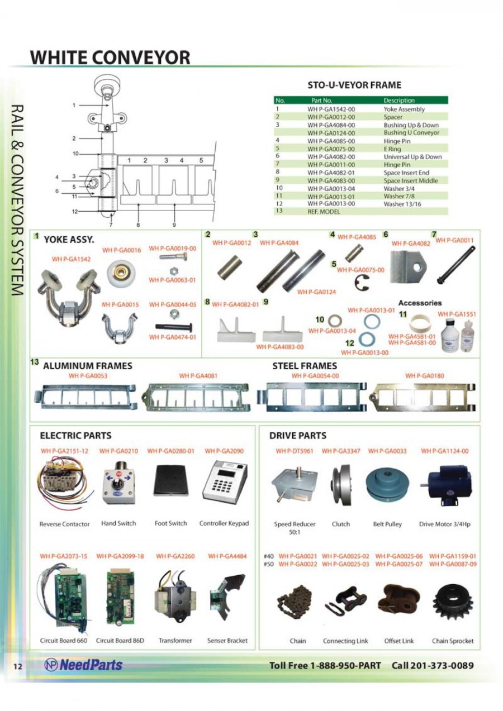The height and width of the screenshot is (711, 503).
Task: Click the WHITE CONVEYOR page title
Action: pos(110,58)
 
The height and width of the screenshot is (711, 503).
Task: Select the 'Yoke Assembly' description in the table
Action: pos(404,109)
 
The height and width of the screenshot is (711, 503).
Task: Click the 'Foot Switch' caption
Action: pos(170,523)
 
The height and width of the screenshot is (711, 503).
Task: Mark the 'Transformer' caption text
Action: pos(175,641)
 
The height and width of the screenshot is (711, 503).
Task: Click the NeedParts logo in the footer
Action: pos(83,665)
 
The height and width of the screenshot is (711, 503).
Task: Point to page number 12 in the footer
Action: pos(17,666)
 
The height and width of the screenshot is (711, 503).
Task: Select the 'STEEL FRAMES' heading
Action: pos(304,366)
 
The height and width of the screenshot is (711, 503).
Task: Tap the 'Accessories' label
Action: pos(420,303)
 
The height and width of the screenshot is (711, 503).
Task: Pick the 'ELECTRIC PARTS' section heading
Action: pos(75,436)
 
